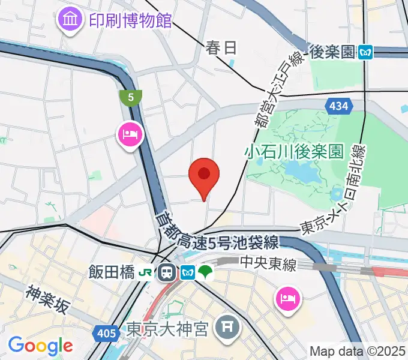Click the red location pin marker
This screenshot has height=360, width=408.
tap(204, 175)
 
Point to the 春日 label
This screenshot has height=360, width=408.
tap(221, 47)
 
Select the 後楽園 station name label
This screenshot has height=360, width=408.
tap(332, 52)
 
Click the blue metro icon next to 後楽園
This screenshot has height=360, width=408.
tap(365, 53)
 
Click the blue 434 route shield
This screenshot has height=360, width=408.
tap(338, 106)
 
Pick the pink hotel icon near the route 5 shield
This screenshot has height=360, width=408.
tap(130, 133)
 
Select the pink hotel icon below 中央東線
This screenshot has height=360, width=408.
tap(287, 298)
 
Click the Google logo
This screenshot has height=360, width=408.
tap(40, 345)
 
